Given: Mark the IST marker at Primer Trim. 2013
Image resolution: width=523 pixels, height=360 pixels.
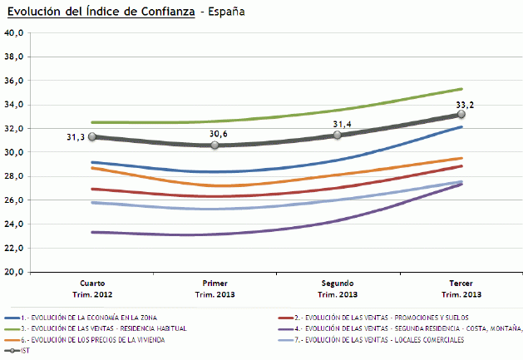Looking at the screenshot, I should point(215,145).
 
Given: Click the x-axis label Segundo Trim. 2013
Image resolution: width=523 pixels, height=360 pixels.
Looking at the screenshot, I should point(338,288).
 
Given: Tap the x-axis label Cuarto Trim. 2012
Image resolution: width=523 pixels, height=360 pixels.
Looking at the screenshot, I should point(92,288).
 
